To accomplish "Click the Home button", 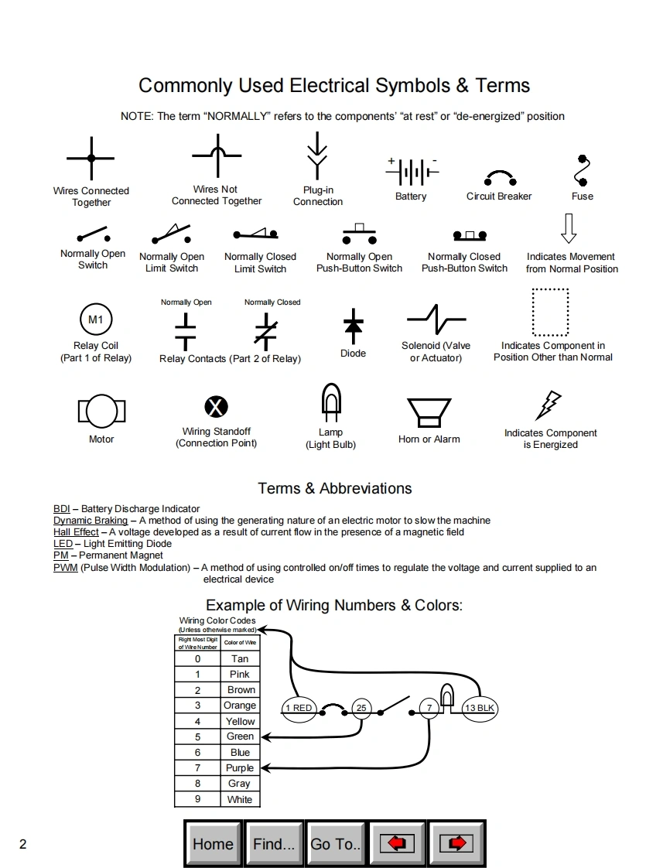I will [213, 844].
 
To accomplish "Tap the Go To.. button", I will [336, 844].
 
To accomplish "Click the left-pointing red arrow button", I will [397, 844].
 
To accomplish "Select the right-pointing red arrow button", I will [456, 844].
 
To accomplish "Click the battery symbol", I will [412, 171].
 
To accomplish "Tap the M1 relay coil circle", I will [96, 320].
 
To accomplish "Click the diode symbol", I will [354, 326].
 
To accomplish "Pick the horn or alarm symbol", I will [429, 412].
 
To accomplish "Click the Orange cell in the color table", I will [240, 706].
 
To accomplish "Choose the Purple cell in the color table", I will [240, 768].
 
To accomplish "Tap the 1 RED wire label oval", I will [299, 708].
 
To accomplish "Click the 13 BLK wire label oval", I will [480, 708].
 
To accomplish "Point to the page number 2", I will [22, 844].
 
